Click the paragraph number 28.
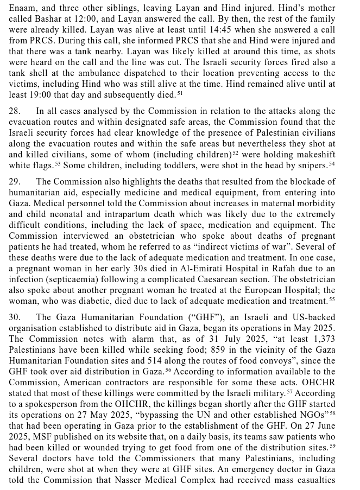click(x=15, y=111)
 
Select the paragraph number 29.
click(x=15, y=182)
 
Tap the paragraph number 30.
click(x=15, y=317)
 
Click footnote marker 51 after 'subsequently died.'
click(x=180, y=93)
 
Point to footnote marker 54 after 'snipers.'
click(x=332, y=163)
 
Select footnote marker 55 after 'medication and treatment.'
click(x=332, y=299)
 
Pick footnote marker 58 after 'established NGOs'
click(x=332, y=413)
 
